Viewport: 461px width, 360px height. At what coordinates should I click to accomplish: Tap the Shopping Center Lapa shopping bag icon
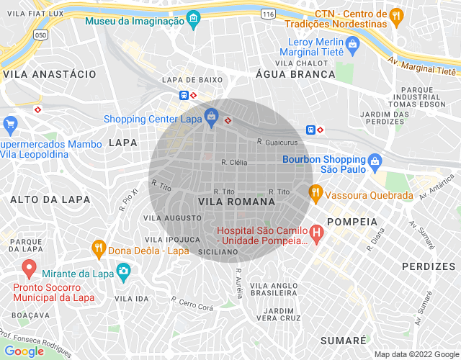(211, 115)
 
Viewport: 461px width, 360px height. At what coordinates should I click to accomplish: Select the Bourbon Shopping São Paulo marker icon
(375, 162)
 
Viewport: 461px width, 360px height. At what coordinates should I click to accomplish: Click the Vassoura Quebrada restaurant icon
(315, 192)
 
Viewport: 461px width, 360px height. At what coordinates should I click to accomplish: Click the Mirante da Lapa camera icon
(123, 271)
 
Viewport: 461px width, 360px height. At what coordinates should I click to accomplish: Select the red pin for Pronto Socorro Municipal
(30, 269)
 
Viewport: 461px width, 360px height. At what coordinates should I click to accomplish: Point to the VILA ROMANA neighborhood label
(227, 202)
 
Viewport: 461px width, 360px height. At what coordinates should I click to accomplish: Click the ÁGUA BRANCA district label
(295, 73)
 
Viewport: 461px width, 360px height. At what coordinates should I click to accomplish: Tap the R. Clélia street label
(234, 163)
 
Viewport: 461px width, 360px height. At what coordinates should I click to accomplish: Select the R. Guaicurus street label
(277, 143)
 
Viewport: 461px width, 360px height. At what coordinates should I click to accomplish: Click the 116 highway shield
(269, 14)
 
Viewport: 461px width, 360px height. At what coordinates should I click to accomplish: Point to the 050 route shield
(42, 34)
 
